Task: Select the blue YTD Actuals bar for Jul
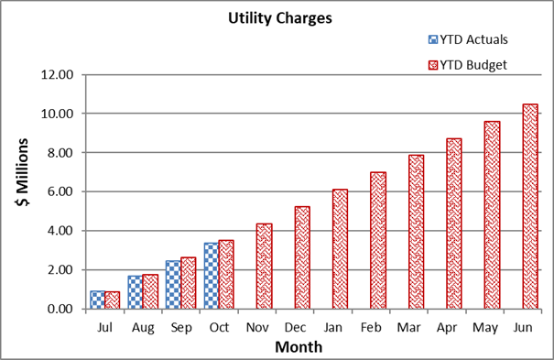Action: (x=97, y=300)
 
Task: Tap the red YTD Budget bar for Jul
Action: (x=113, y=300)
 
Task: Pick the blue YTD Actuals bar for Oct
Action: (x=210, y=276)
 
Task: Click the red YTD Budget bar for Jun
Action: (x=529, y=206)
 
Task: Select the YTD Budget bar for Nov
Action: (x=264, y=266)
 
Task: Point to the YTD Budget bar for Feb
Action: (x=378, y=240)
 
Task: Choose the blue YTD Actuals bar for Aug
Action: (x=135, y=291)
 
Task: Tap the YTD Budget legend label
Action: (x=475, y=64)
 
